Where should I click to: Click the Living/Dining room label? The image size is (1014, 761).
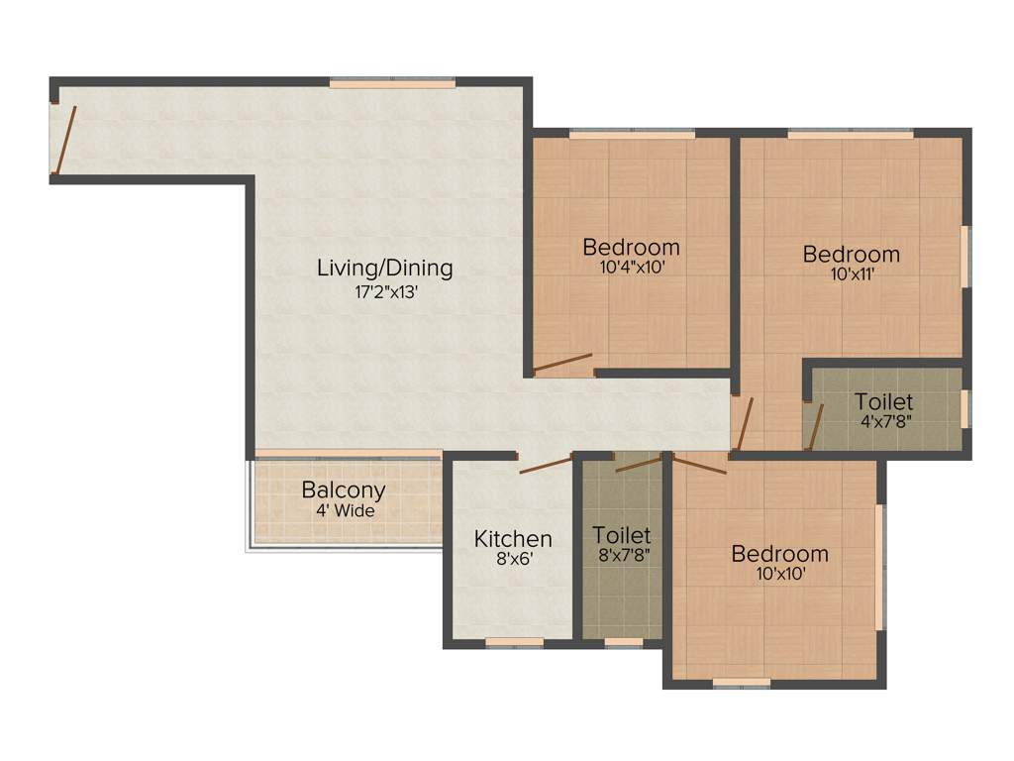384,268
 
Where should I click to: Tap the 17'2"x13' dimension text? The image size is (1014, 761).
384,292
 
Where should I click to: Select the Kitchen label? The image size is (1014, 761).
513,539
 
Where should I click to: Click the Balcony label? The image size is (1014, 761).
344,490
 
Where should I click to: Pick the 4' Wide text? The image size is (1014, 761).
344,512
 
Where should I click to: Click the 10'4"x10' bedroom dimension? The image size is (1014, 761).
631,267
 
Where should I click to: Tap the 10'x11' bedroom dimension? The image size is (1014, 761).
851,275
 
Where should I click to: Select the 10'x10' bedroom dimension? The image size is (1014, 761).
779,574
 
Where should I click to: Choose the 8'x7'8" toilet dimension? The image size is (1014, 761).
621,556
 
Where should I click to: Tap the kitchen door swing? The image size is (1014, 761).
545,465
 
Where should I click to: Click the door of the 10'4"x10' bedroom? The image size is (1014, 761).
562,363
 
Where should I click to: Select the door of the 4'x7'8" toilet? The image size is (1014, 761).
816,427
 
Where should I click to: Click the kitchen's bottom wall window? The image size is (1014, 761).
514,642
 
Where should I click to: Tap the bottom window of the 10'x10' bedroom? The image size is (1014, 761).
742,683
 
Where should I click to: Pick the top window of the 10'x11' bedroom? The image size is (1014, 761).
850,134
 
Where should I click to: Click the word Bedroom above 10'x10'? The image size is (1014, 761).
779,553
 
